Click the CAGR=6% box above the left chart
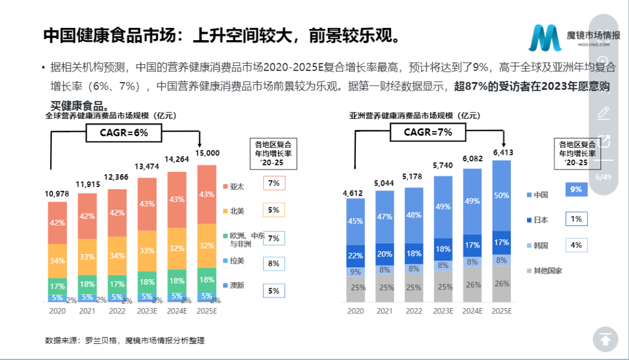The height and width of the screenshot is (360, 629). click(x=123, y=133)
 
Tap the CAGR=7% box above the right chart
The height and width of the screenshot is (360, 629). click(x=428, y=132)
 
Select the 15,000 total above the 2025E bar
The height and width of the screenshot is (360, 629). click(x=208, y=153)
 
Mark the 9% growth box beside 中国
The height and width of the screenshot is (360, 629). click(x=576, y=189)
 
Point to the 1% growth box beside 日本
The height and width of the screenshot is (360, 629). click(x=576, y=219)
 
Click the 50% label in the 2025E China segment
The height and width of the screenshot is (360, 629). click(x=501, y=195)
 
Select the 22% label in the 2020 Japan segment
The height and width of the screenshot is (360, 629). click(x=355, y=256)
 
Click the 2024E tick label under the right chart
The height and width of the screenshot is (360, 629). click(x=472, y=311)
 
